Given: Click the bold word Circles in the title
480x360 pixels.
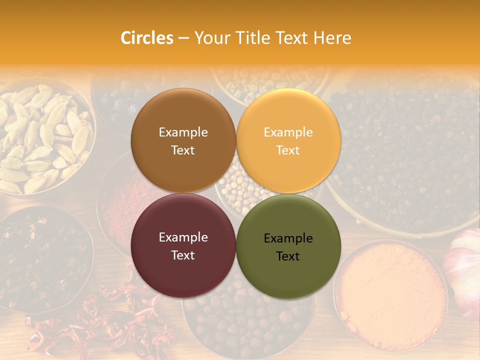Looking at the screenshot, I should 147,38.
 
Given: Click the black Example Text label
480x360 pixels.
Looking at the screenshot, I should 288,247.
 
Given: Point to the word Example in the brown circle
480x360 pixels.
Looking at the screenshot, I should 183,132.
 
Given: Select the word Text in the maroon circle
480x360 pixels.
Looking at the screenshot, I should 183,255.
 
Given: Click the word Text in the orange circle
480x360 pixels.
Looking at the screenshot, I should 288,150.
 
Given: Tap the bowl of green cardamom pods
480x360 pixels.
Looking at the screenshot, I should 42,137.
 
